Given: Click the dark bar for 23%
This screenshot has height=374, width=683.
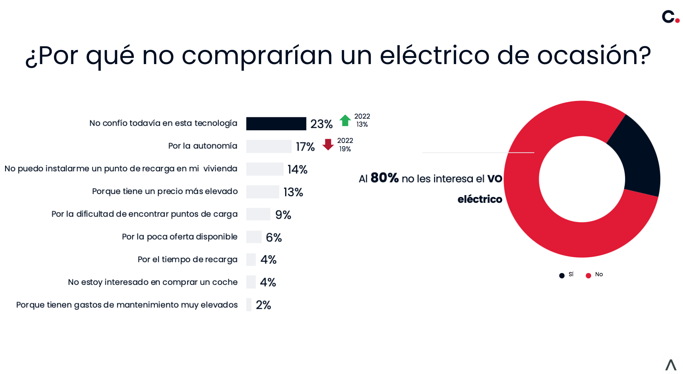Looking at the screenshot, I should (276, 123).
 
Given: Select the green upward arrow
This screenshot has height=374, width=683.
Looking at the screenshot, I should (345, 120).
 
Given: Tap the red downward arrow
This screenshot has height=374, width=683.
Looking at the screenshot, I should (328, 144).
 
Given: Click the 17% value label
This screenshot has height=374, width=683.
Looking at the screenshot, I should (305, 147).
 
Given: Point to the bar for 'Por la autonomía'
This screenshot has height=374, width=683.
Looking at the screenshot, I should (269, 146).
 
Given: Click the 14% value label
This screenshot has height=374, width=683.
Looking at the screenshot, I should (297, 169).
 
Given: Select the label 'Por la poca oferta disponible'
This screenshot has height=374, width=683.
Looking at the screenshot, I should (179, 237).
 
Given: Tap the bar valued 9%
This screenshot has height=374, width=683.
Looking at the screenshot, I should (258, 214).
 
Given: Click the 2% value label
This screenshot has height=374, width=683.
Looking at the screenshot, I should (263, 305).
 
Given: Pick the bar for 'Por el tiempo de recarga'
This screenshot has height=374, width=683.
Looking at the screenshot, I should (251, 260).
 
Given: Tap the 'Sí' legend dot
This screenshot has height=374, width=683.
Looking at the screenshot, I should (562, 276).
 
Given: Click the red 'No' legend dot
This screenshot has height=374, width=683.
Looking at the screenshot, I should (588, 276).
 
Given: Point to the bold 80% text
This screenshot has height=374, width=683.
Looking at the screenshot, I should (384, 178).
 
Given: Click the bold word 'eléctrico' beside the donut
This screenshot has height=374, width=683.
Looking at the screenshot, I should (480, 199).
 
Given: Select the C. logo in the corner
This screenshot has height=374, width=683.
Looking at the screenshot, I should (670, 17).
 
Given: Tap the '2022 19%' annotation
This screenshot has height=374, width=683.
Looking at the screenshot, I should (345, 144).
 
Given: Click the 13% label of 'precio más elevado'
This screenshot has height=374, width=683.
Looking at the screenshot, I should (293, 192).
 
